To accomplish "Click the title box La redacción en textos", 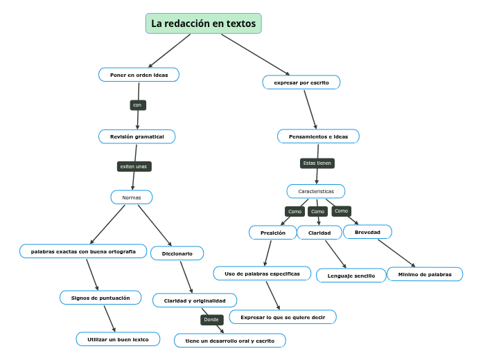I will click(203, 24).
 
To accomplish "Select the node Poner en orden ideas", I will click(139, 75).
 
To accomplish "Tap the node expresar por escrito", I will click(301, 82).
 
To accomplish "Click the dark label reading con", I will click(137, 105).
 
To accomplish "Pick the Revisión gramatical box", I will click(137, 137).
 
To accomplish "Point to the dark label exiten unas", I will click(134, 167).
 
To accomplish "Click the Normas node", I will click(132, 197).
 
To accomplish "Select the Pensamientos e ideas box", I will click(318, 136).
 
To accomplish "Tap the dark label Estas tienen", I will click(317, 163).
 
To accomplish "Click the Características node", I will click(316, 191).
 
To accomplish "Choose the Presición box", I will click(273, 233).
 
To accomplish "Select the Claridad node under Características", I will click(319, 233).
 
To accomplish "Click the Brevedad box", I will click(367, 232).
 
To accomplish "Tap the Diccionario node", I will click(177, 253).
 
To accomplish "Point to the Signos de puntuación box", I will click(100, 298).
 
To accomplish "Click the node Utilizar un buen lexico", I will click(118, 339).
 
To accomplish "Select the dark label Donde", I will click(211, 320).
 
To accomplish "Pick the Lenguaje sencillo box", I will click(351, 276).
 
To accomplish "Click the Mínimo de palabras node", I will click(425, 274).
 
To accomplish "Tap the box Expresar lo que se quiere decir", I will click(283, 317).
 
